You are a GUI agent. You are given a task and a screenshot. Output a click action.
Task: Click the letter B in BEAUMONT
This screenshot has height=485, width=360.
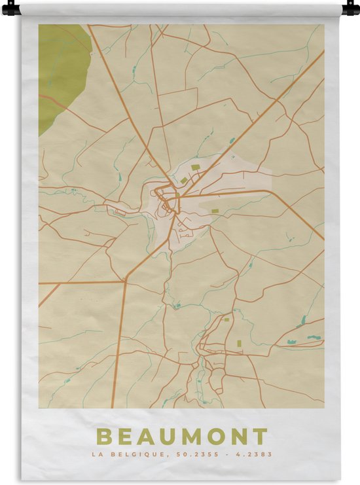coord(103,437)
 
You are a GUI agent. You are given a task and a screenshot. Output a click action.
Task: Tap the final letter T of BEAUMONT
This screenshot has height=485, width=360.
coord(261,437)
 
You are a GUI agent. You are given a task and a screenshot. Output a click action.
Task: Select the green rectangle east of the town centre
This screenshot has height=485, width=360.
coord(215,211)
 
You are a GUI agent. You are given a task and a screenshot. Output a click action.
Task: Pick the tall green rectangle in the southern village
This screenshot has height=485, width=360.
coord(239,343)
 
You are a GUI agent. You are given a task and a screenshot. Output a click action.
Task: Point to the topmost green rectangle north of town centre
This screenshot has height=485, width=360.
coord(195,168)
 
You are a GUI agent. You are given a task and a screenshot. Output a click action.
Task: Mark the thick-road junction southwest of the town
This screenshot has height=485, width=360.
coord(124,281)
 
